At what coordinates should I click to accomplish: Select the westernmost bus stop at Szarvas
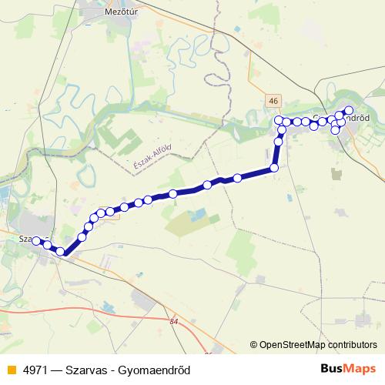35,241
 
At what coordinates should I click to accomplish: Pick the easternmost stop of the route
349,110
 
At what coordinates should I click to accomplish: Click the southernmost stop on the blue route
60,252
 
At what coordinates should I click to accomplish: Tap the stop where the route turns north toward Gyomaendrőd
274,168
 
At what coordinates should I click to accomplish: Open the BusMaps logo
349,369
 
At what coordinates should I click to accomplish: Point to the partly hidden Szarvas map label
26,239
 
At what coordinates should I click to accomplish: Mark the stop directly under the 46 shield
278,121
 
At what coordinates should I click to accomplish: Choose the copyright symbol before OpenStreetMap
254,345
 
